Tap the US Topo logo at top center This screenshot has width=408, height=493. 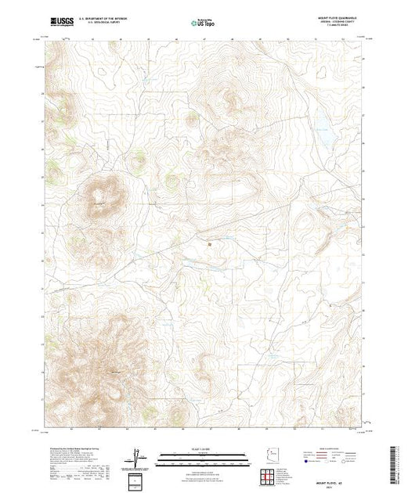(204, 23)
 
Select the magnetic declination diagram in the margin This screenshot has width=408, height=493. (139, 456)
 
